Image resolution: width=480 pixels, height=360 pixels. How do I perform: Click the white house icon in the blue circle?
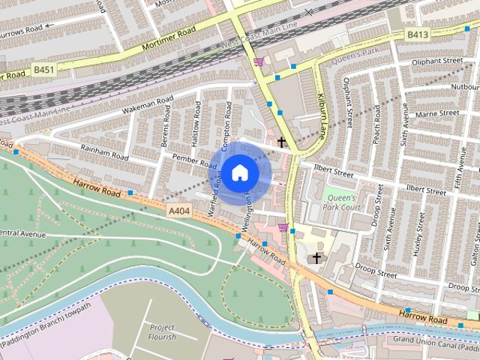(238, 172)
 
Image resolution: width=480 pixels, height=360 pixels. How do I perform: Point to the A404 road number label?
(179, 212)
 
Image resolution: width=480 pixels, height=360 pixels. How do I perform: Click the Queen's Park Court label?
(342, 202)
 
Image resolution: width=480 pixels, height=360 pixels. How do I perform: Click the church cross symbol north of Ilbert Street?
(281, 141)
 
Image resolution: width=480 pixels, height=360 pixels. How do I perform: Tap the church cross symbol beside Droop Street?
(316, 258)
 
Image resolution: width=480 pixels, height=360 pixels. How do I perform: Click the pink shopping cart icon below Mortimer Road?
(259, 62)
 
